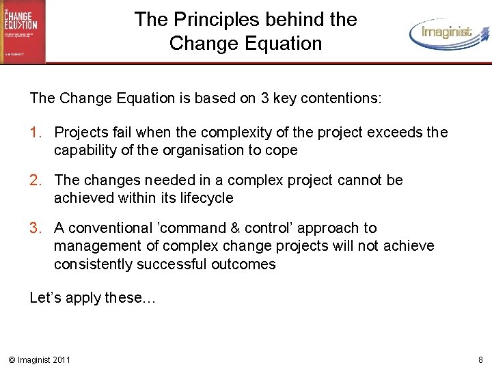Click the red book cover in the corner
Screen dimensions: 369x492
coord(23,31)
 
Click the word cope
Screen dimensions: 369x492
coord(282,150)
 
